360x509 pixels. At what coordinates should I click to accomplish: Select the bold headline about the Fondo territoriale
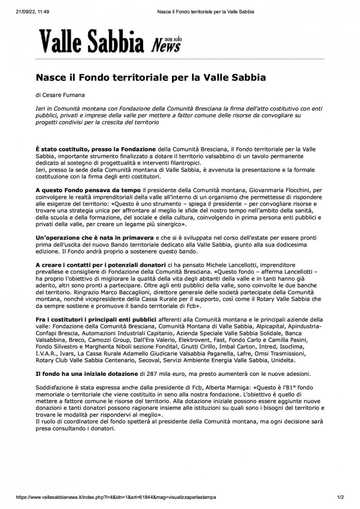(150, 78)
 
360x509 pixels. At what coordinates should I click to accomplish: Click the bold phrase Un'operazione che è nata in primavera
(95, 238)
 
